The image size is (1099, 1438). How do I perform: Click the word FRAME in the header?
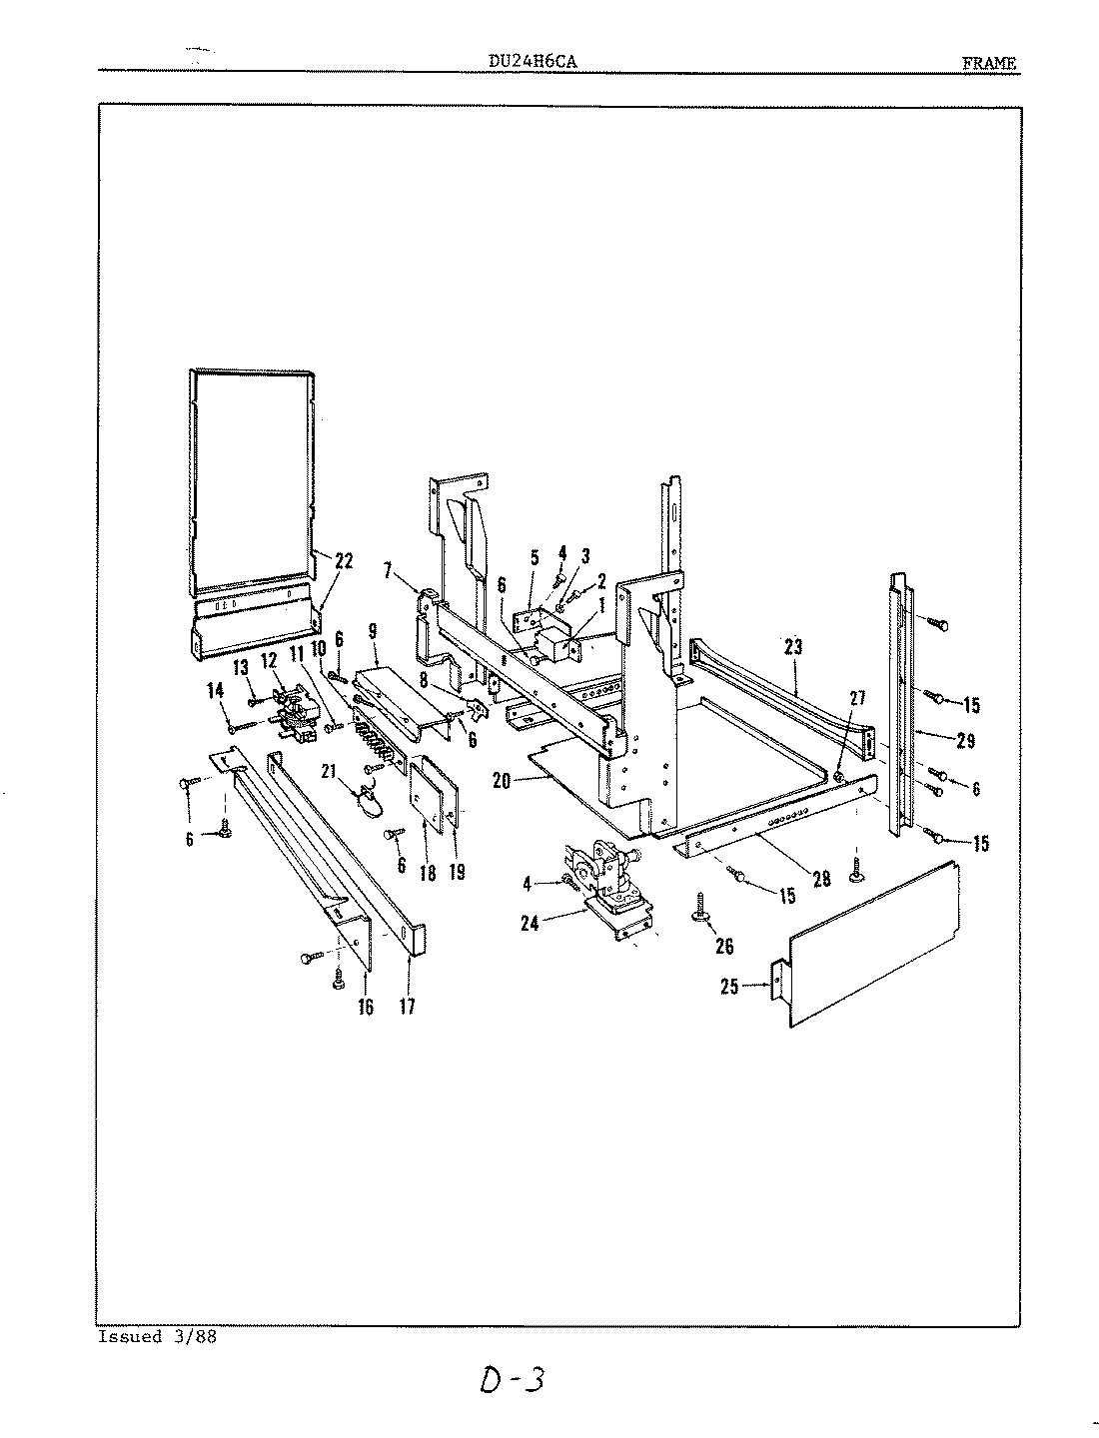[988, 63]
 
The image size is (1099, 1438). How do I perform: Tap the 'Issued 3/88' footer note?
[157, 1336]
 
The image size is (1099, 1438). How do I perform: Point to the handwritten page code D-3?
[510, 1381]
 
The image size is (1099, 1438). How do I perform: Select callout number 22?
[343, 562]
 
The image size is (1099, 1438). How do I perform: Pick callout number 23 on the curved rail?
[793, 647]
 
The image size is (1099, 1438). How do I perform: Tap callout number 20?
[501, 781]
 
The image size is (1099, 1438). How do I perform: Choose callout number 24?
[530, 925]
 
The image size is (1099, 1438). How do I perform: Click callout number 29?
[964, 742]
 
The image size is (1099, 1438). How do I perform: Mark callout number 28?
[821, 879]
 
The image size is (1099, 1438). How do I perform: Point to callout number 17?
[407, 1006]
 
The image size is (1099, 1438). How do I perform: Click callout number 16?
[365, 1007]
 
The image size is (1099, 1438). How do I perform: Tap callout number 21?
[327, 770]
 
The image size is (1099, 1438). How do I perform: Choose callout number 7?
[388, 570]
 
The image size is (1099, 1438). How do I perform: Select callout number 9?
[373, 631]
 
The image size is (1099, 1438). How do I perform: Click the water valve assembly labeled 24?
[604, 879]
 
